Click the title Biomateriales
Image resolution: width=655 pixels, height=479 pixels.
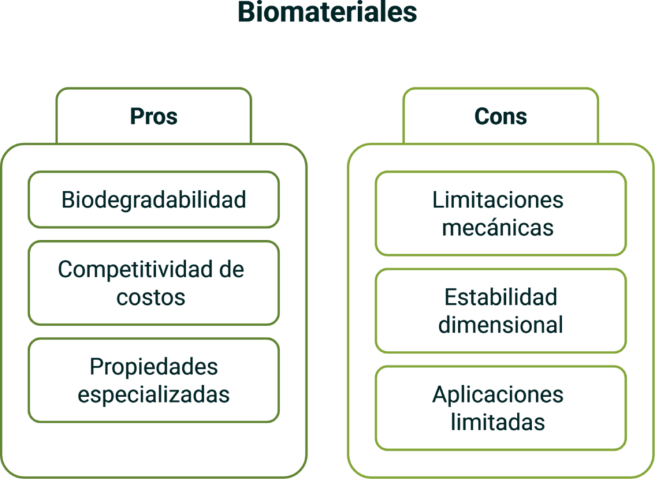(x=327, y=13)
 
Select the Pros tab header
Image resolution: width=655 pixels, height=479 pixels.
(x=154, y=117)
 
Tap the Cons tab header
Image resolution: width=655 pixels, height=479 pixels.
(x=501, y=117)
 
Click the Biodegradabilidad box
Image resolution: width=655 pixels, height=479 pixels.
(x=154, y=200)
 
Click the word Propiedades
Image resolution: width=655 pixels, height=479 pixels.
(x=154, y=367)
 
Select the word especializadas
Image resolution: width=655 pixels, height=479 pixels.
(x=154, y=394)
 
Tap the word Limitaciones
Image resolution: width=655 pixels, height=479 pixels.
(x=498, y=200)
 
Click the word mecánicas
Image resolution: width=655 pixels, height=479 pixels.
(x=498, y=228)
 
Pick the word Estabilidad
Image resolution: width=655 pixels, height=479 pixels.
(x=501, y=297)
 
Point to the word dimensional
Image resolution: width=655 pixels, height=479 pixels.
(x=501, y=325)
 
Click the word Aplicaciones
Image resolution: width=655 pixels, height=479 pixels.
(x=498, y=394)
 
